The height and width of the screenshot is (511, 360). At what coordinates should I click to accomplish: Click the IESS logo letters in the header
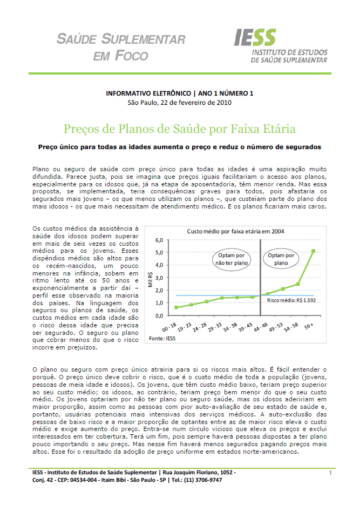255,38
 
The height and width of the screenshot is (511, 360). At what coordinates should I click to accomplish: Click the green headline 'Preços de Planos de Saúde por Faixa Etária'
180,129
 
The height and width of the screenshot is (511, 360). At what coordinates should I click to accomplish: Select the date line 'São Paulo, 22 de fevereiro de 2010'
180,103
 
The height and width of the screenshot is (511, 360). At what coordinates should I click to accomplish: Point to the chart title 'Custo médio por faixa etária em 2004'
236,231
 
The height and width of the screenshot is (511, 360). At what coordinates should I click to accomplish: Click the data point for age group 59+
313,251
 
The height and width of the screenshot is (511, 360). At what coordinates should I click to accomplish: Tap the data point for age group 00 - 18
176,307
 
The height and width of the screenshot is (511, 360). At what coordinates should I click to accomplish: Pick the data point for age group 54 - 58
298,284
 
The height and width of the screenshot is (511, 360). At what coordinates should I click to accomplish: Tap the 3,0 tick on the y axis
159,277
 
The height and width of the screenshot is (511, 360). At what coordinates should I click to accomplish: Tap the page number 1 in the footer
329,473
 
